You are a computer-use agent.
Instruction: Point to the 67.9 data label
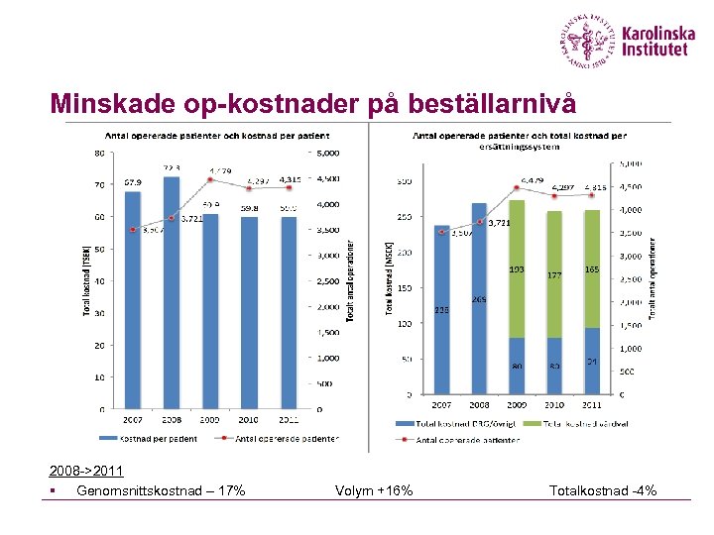pos(132,181)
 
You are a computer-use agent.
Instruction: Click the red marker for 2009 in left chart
pos(209,180)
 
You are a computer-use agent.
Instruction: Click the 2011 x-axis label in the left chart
pos(288,420)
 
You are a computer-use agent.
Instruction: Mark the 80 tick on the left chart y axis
pos(100,154)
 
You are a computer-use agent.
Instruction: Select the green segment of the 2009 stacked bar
pos(517,267)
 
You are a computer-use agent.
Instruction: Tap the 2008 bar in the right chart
pos(479,297)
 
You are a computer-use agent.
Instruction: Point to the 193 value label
pos(517,268)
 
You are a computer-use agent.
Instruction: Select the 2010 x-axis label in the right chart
pos(553,405)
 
